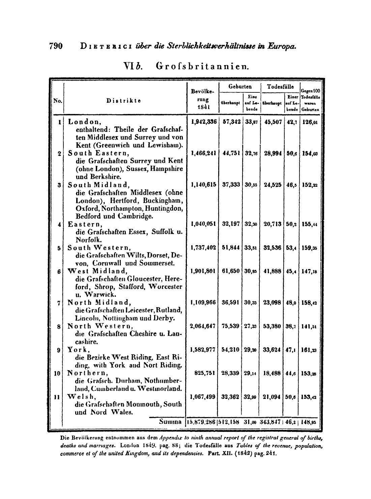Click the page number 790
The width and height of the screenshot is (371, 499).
pyautogui.click(x=56, y=46)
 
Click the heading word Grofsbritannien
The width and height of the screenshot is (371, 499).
pyautogui.click(x=202, y=65)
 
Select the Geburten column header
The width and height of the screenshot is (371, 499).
pyautogui.click(x=240, y=87)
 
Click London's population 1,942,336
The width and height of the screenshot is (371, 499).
pyautogui.click(x=203, y=122)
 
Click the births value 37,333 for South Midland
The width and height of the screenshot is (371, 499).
pyautogui.click(x=231, y=185)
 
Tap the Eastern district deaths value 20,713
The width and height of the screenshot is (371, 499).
pyautogui.click(x=273, y=225)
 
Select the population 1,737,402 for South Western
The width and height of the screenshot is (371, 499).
pyautogui.click(x=203, y=248)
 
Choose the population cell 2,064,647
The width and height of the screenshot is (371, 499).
pyautogui.click(x=203, y=326)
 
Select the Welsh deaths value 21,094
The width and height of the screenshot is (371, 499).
pyautogui.click(x=273, y=397)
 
